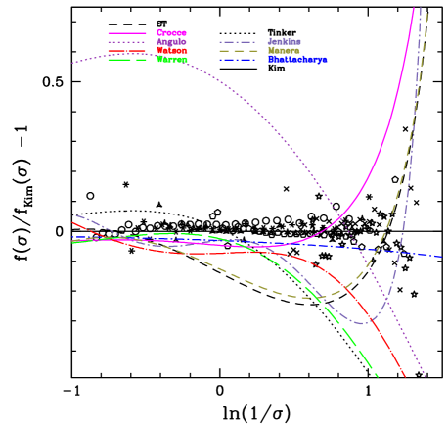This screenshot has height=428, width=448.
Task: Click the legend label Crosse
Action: coord(171,32)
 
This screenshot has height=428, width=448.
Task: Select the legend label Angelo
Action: coord(171,41)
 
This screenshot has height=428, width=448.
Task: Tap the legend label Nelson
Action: coord(171,50)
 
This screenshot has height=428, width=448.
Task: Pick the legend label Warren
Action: coord(171,59)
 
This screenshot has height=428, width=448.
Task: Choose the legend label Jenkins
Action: coord(284,41)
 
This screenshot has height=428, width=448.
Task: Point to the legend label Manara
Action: coord(284,50)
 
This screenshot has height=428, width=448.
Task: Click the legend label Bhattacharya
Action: coord(297,59)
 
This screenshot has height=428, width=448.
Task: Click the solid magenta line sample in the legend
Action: coord(127,32)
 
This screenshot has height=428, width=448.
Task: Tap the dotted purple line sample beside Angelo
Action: coord(127,41)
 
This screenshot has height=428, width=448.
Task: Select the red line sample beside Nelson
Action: coord(127,50)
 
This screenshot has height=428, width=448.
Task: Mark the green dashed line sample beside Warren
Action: coord(127,59)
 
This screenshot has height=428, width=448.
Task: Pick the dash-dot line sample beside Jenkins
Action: coord(239,41)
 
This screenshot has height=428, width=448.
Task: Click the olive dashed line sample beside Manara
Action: coord(239,50)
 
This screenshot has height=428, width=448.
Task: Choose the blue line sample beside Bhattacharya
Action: coord(239,59)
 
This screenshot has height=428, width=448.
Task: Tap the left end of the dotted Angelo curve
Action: coord(72,64)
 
